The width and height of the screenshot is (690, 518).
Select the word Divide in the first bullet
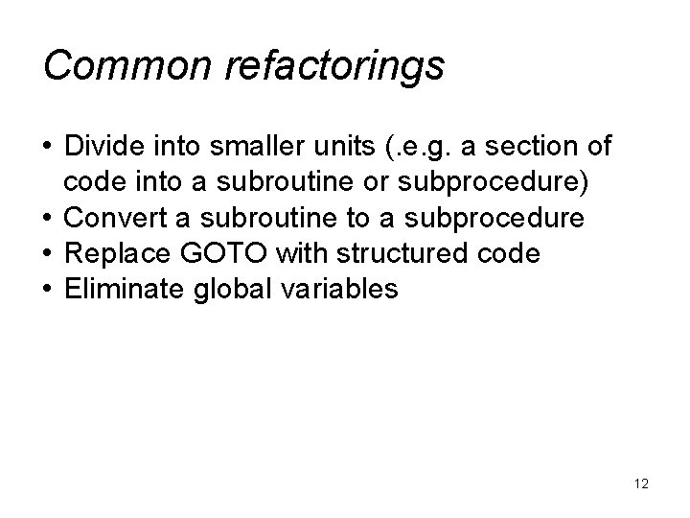tap(97, 149)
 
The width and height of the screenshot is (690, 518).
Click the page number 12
tap(641, 484)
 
